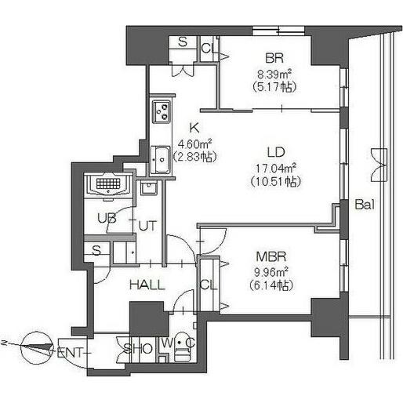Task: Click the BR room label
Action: click(274, 58)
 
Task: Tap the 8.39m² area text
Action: click(274, 74)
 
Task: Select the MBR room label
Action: click(271, 256)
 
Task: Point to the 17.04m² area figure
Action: click(275, 168)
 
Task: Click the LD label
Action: click(276, 152)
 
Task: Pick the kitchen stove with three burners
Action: click(162, 111)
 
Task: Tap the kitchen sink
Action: click(161, 160)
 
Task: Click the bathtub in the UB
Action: click(109, 184)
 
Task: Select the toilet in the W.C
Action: click(182, 347)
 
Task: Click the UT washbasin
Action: click(149, 188)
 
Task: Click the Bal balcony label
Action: click(365, 205)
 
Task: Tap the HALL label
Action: click(147, 285)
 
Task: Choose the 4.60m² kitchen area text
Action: click(194, 143)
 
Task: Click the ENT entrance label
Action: click(70, 353)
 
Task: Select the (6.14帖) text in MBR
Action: click(270, 285)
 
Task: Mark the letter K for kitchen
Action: click(194, 128)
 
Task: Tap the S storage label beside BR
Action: click(183, 42)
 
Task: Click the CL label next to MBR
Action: click(209, 285)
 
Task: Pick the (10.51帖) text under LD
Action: click(276, 182)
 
